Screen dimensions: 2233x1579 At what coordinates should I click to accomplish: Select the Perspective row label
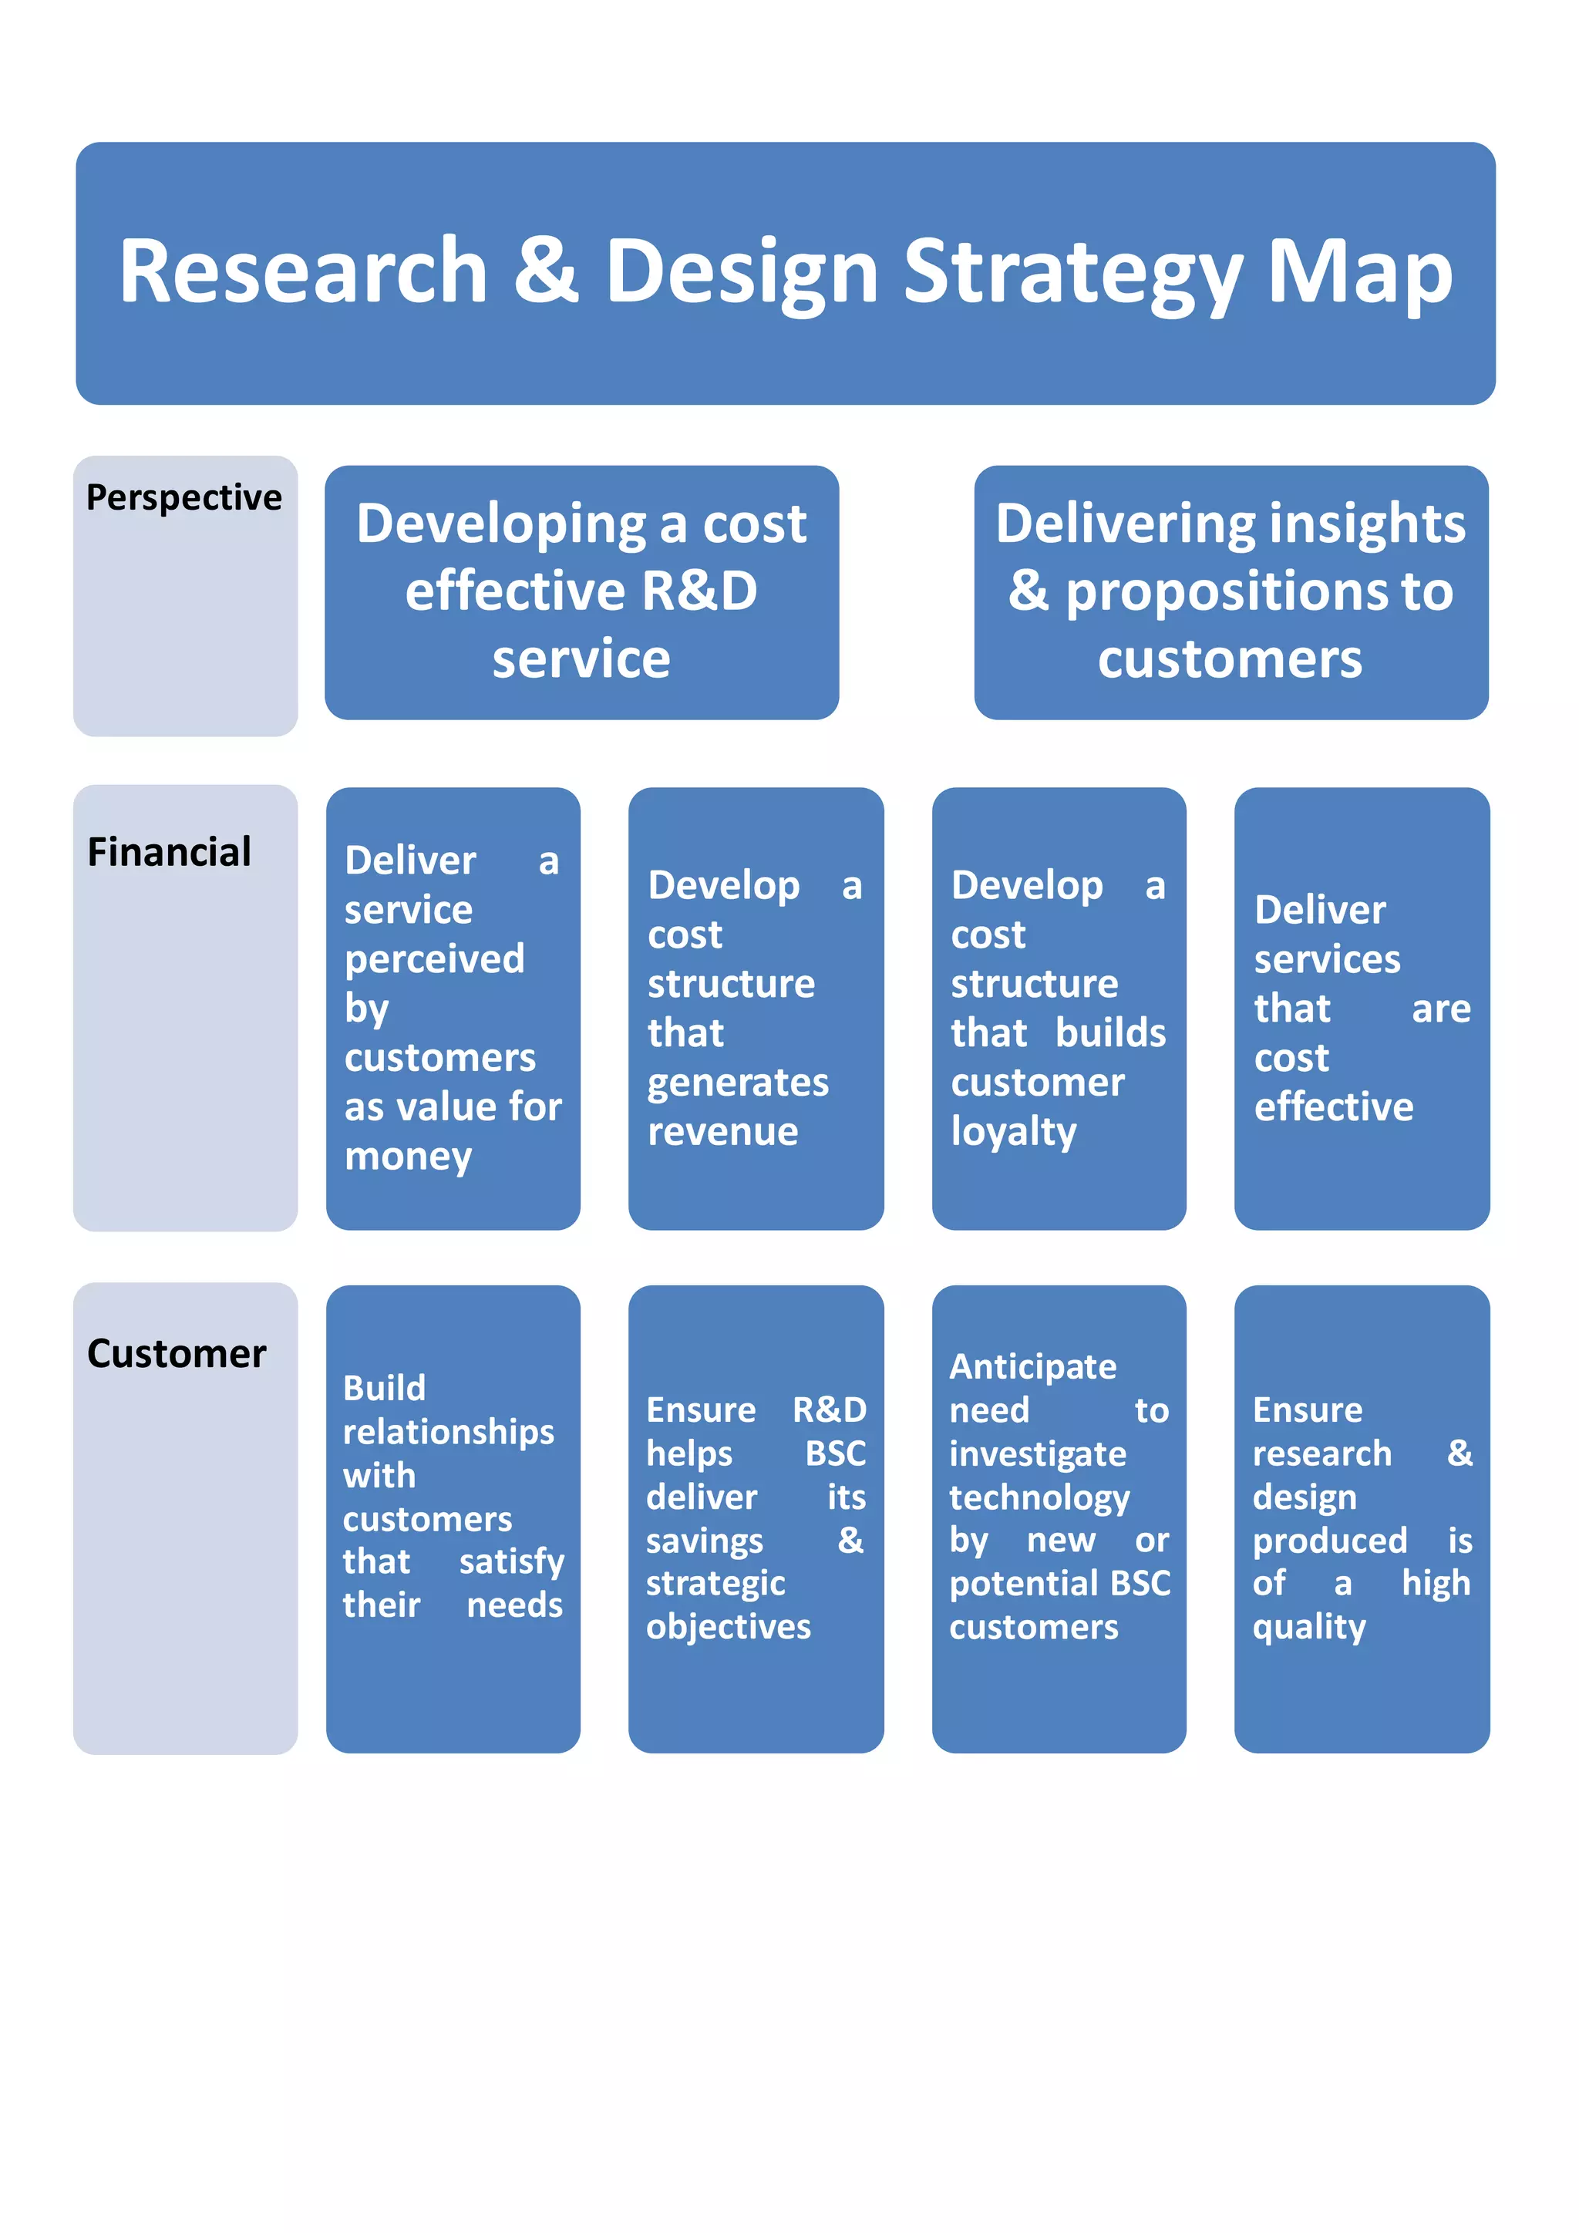(x=183, y=497)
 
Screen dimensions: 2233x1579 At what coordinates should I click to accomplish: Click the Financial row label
(x=169, y=852)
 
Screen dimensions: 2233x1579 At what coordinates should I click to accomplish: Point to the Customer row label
(x=176, y=1354)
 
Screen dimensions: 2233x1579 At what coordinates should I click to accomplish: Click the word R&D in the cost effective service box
(x=699, y=591)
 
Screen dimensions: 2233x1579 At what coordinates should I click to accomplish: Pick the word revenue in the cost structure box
(x=722, y=1131)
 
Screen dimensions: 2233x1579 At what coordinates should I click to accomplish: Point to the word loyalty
(x=1013, y=1132)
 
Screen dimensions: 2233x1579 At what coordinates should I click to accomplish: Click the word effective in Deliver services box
(x=1333, y=1106)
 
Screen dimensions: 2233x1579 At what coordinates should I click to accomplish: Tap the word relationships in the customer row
(x=448, y=1432)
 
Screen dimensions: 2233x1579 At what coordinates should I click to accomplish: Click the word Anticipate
(x=1032, y=1366)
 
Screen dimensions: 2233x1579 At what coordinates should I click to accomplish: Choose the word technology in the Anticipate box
(x=1039, y=1497)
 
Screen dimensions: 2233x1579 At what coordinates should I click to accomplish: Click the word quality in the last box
(x=1308, y=1627)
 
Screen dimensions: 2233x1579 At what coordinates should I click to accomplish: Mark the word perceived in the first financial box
(x=433, y=959)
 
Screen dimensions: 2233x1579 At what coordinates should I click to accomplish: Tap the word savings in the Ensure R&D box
(x=704, y=1541)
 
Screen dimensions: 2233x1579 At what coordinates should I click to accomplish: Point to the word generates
(x=738, y=1083)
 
